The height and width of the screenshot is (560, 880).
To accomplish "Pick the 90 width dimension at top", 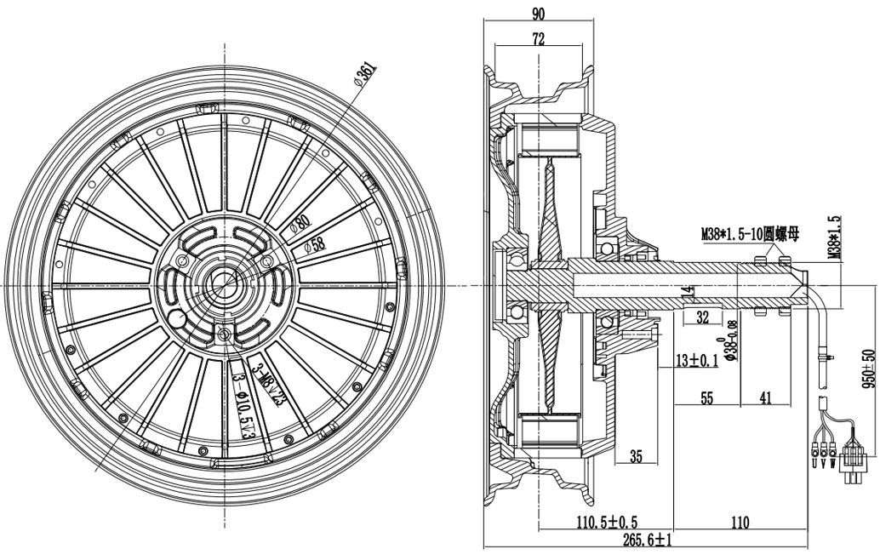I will (x=538, y=13).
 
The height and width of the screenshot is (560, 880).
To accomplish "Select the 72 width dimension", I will (x=538, y=38).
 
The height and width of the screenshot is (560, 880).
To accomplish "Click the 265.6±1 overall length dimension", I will (x=648, y=540).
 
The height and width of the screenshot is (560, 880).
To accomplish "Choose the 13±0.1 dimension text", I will (x=696, y=361).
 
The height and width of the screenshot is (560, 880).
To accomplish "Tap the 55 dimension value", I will (x=706, y=397).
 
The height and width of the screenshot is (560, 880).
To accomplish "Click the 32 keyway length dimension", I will (x=702, y=319).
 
